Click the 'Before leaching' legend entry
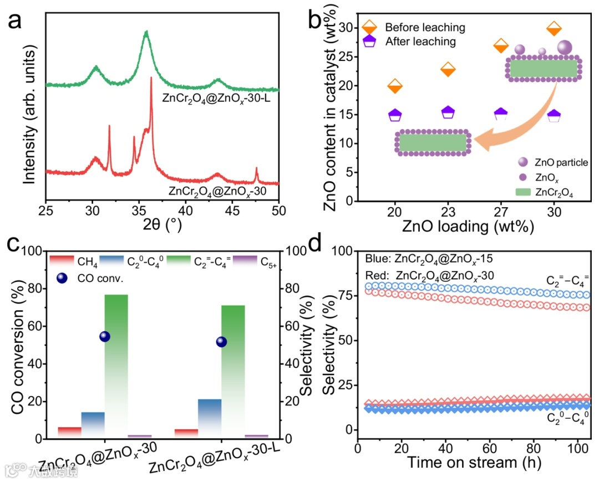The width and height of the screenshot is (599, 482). (425, 27)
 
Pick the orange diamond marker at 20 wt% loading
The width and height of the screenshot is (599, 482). (395, 86)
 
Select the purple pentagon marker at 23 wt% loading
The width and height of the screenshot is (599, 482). (448, 112)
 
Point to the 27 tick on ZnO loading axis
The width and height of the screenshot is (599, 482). (501, 212)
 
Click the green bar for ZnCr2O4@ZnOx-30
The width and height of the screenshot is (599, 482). (116, 366)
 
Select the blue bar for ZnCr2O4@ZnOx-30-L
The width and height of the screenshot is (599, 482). (210, 418)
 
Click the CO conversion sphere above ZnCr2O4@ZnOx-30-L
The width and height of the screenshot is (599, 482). (222, 342)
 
